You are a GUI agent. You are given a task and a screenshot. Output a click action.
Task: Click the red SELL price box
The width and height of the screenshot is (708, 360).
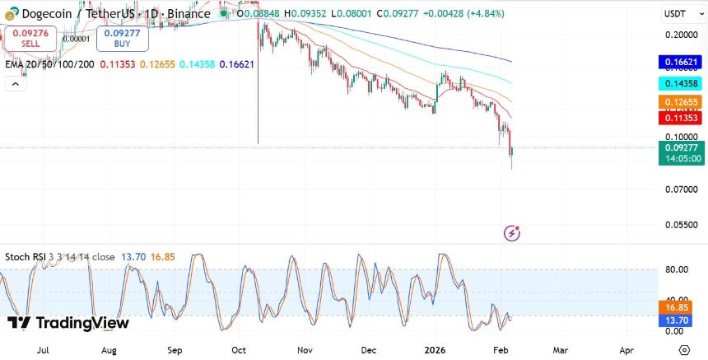tap(30, 38)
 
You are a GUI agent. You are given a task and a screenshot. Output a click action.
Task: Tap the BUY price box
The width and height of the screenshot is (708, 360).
tap(122, 38)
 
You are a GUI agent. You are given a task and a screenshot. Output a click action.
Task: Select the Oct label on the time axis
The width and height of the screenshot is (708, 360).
tap(240, 349)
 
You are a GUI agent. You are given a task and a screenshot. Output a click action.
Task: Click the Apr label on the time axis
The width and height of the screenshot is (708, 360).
tap(626, 349)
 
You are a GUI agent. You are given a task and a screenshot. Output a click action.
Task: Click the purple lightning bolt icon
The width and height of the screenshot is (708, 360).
tap(512, 233)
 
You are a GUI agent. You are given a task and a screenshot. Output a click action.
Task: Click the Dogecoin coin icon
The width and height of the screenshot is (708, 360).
tap(12, 14)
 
